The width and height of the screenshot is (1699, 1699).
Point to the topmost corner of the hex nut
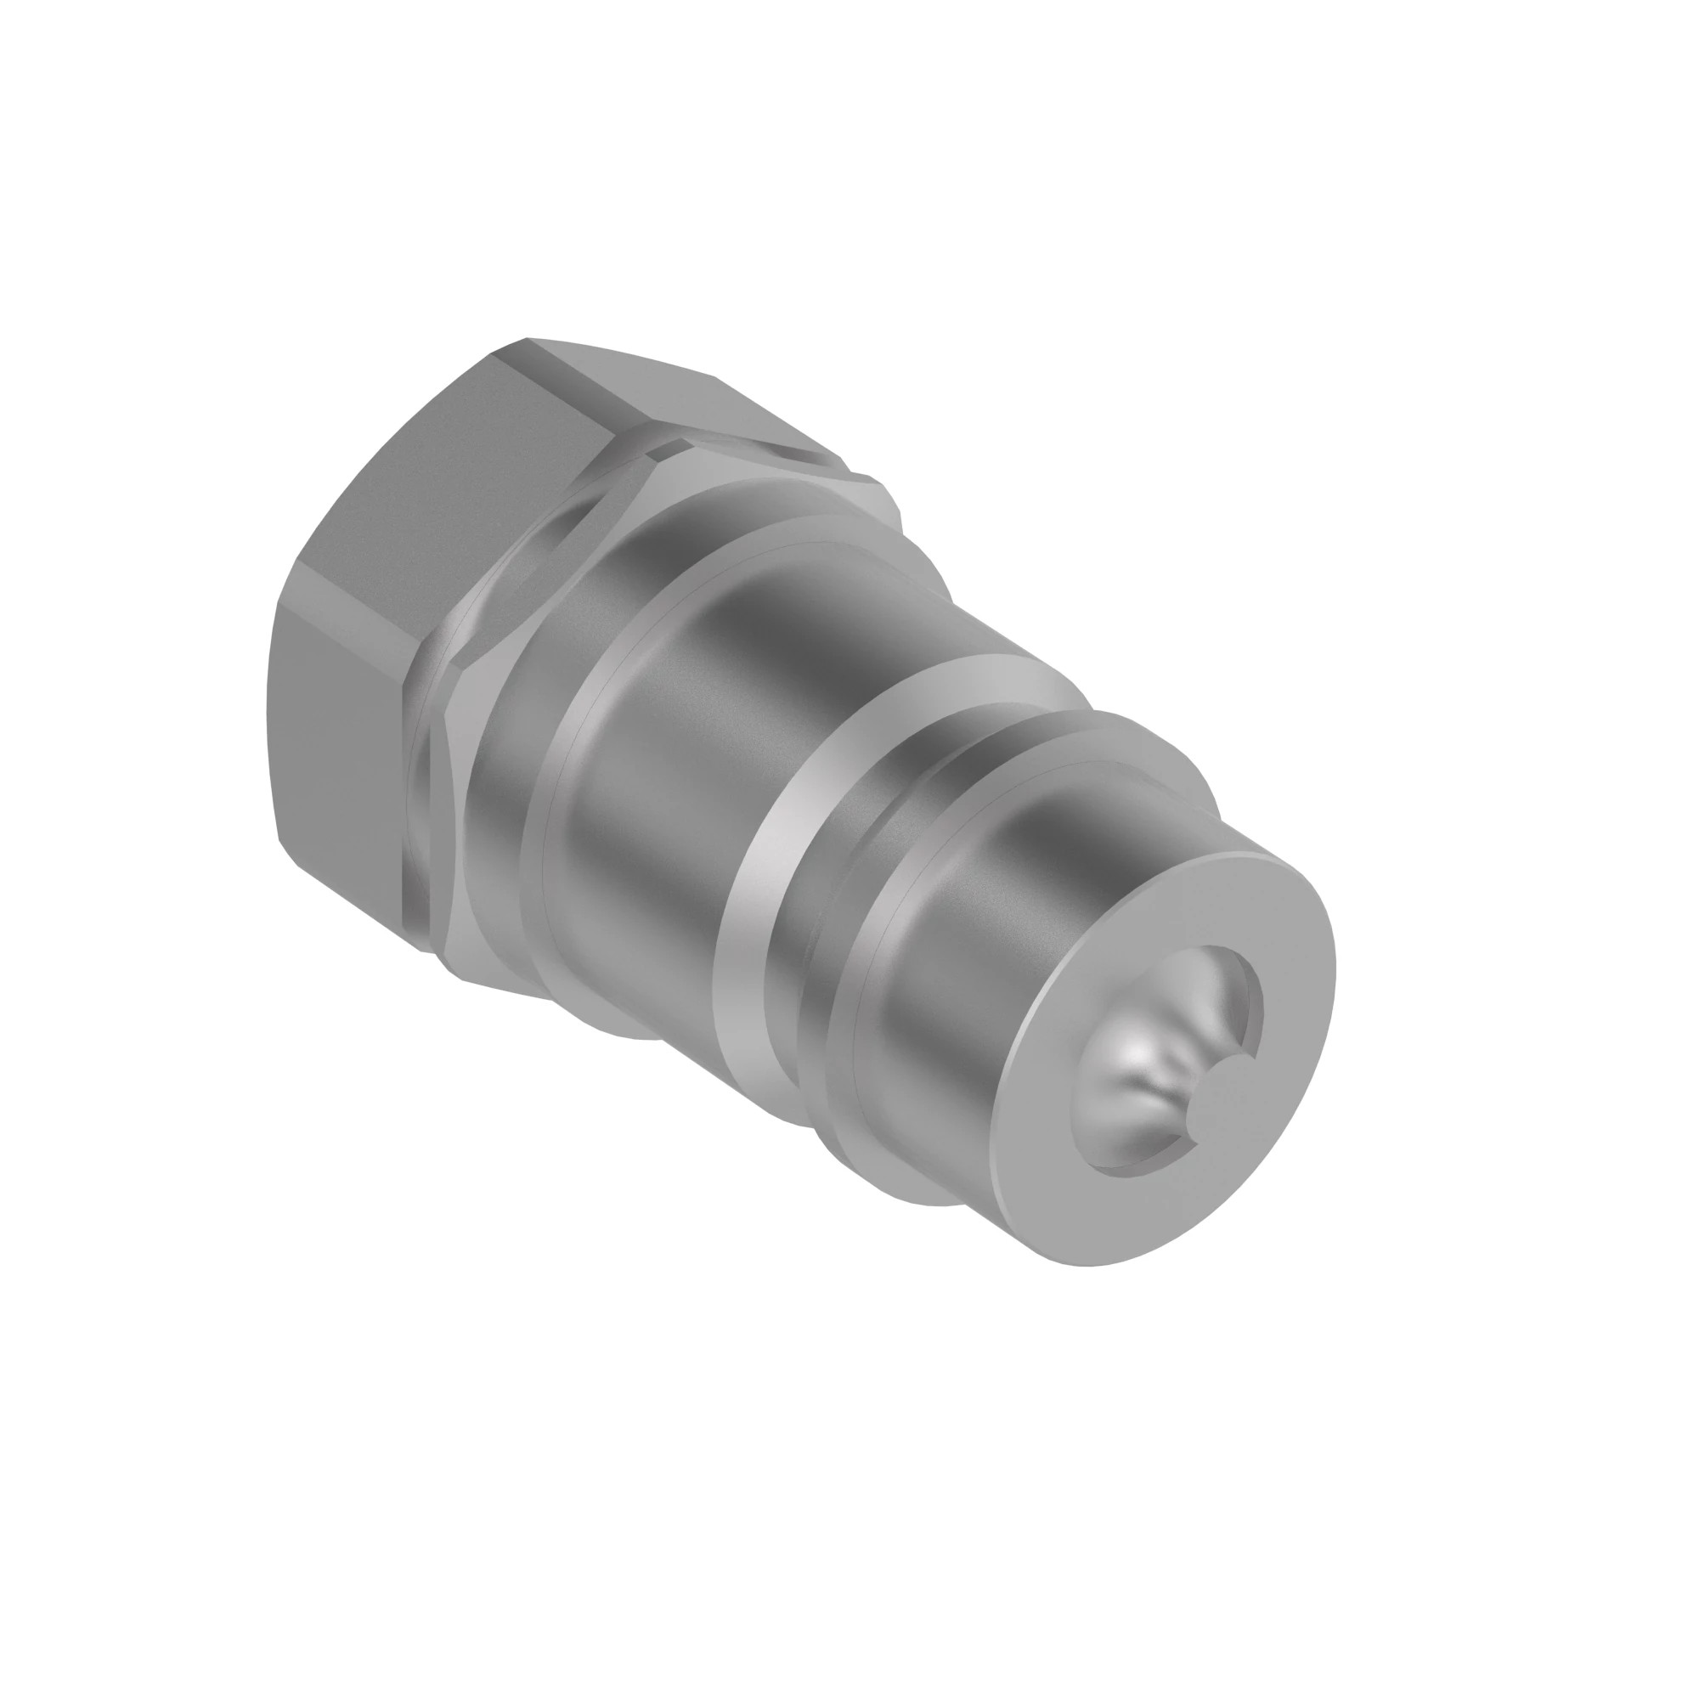[528, 339]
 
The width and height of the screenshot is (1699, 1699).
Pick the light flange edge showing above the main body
[871, 493]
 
